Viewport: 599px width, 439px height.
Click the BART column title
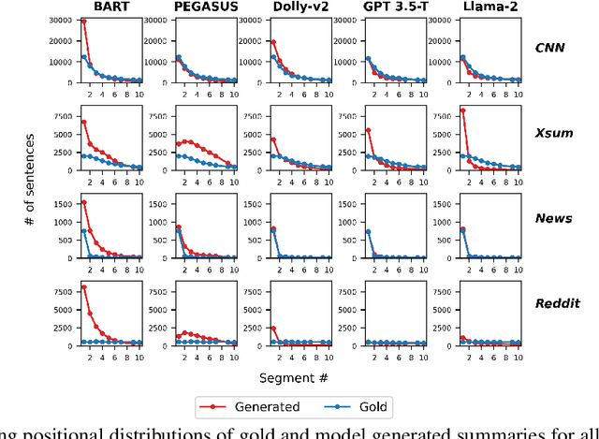[x=110, y=7]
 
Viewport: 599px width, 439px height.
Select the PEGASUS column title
[x=204, y=7]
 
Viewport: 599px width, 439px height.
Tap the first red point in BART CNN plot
[x=83, y=22]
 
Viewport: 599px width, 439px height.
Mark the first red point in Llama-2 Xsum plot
[x=462, y=110]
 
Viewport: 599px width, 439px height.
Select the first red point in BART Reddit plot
[x=83, y=287]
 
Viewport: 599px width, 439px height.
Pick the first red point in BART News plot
[x=83, y=202]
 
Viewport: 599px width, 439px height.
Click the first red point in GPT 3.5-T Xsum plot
[x=368, y=130]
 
